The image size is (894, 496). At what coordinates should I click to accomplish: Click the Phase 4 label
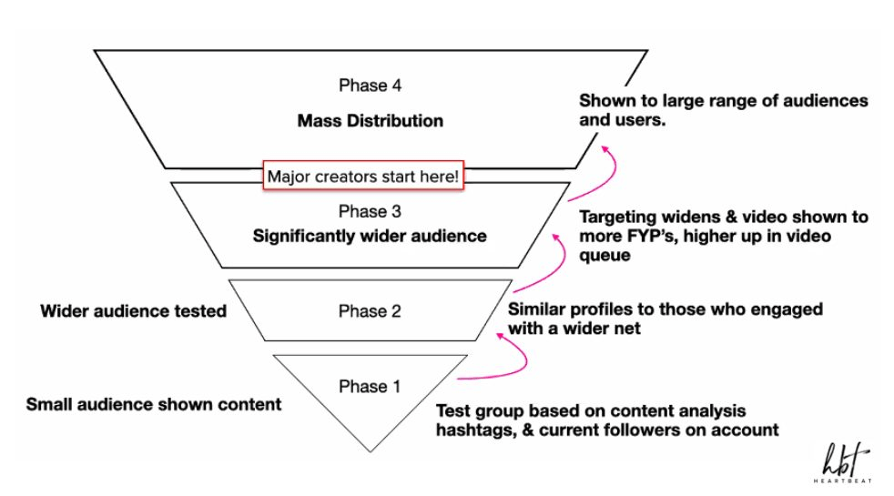pos(369,86)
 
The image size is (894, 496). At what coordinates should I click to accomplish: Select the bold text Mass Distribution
pos(369,120)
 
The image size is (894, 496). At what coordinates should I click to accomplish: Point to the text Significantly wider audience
pos(369,237)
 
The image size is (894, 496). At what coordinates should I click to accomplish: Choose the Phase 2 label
pos(369,310)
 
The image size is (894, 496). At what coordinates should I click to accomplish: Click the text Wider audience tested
pos(133,311)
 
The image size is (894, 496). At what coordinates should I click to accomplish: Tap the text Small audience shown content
pos(154,404)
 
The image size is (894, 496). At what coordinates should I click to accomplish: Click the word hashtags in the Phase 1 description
pos(474,430)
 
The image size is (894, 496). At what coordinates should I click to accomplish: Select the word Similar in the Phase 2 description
pos(536,309)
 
